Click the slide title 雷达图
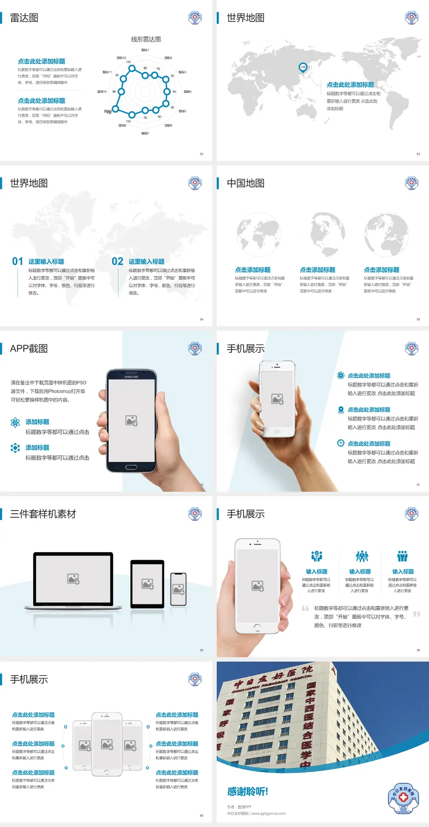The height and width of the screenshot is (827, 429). click(x=24, y=18)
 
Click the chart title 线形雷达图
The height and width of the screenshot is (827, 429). click(x=146, y=39)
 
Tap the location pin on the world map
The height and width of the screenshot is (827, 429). click(x=303, y=67)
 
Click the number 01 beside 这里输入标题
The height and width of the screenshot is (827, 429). click(x=17, y=262)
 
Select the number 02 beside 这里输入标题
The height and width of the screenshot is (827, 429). click(x=118, y=262)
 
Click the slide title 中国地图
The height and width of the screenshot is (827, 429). click(x=245, y=183)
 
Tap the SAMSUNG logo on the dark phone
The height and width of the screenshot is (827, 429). click(x=131, y=377)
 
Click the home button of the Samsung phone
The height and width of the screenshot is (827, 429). click(x=131, y=467)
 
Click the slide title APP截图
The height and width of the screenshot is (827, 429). click(x=29, y=349)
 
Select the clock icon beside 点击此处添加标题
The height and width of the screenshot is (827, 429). click(x=341, y=443)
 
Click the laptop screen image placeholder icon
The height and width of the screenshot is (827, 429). click(x=73, y=579)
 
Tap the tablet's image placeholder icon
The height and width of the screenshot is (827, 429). click(x=147, y=584)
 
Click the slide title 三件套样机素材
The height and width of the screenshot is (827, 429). click(x=43, y=514)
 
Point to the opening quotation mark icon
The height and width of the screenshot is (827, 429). click(x=305, y=608)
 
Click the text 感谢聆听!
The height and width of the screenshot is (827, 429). click(x=248, y=792)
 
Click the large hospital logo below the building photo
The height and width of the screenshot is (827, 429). click(x=403, y=797)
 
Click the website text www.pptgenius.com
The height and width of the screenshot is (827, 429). click(x=269, y=814)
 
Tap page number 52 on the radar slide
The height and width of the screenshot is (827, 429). click(x=202, y=154)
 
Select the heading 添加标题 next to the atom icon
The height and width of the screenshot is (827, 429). click(x=38, y=422)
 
